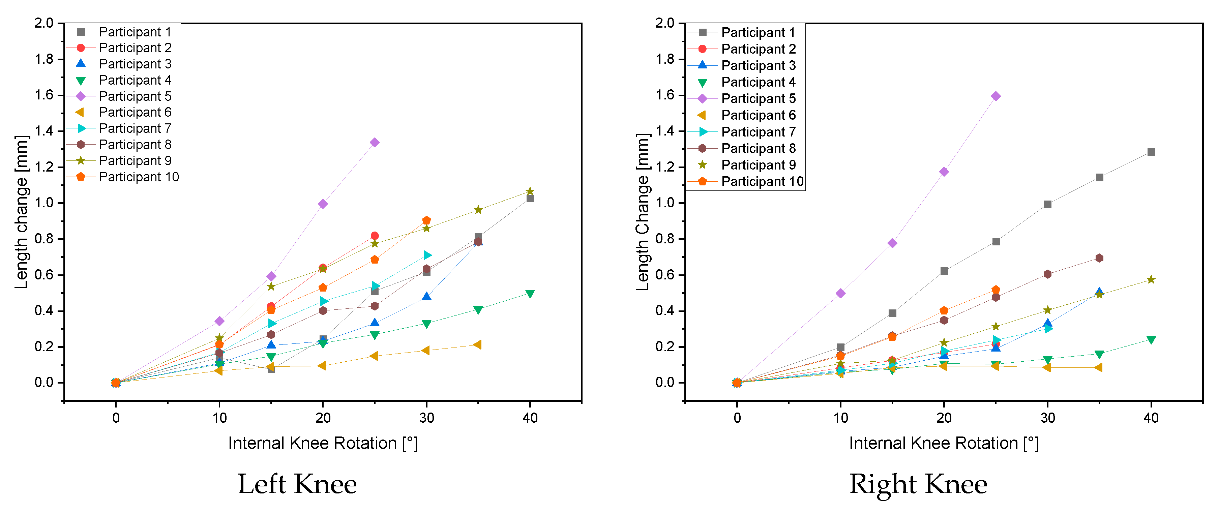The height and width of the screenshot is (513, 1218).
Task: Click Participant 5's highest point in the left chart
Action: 375,142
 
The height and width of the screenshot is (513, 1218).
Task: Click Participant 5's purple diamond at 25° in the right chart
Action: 996,96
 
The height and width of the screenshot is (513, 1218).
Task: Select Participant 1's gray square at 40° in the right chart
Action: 1151,152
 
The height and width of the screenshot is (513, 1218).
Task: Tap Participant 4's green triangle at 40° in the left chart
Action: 530,294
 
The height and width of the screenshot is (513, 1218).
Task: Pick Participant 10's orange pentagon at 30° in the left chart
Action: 426,220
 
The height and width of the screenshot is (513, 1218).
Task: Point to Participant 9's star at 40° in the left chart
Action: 530,191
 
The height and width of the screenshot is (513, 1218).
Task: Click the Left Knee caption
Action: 297,484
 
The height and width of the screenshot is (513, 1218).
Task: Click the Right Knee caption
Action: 918,484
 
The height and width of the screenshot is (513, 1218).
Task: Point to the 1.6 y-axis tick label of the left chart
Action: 44,95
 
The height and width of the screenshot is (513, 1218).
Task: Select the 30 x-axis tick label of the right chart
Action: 1047,418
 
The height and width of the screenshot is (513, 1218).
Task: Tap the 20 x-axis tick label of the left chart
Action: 323,418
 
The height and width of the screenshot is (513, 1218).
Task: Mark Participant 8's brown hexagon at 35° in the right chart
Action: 1099,258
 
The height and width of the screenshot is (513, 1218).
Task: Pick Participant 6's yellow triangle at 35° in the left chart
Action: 478,345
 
